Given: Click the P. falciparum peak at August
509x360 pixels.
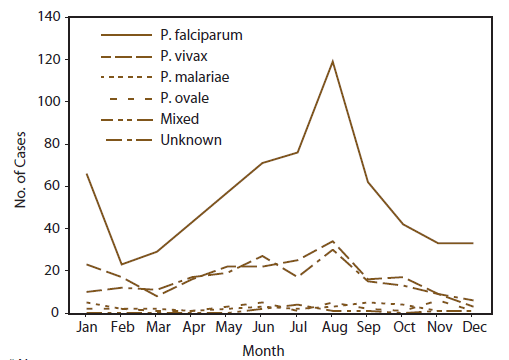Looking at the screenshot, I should point(332,61).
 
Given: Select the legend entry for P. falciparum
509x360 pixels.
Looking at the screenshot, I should point(201,35).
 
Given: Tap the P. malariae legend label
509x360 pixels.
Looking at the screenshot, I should point(195,77).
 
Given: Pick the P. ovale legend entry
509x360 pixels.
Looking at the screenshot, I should point(185,98).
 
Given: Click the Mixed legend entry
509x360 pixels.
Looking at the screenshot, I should point(179,119).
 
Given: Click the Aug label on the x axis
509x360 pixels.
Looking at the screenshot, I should point(332,328).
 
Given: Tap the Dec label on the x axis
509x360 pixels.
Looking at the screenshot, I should point(474,328).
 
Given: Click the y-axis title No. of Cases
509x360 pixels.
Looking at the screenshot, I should point(19,165).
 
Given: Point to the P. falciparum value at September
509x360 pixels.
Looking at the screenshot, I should point(368,182).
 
